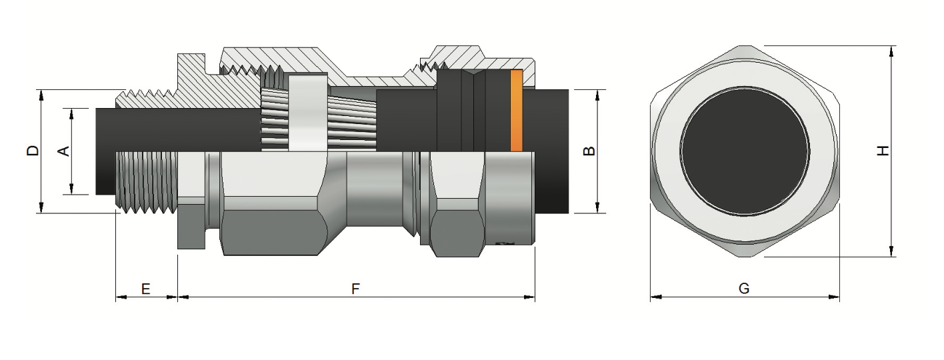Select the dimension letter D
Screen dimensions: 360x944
[x=32, y=151]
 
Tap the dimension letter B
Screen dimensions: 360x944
[x=589, y=151]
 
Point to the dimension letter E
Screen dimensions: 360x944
[x=145, y=289]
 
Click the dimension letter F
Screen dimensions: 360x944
[x=355, y=289]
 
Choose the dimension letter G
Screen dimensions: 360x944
[x=744, y=289]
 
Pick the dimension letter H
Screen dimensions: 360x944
[x=883, y=151]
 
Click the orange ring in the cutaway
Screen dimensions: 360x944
[x=516, y=111]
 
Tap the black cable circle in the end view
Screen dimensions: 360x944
[x=745, y=151]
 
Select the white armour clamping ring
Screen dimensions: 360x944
[x=307, y=113]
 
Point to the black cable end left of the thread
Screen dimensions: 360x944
[x=105, y=151]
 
